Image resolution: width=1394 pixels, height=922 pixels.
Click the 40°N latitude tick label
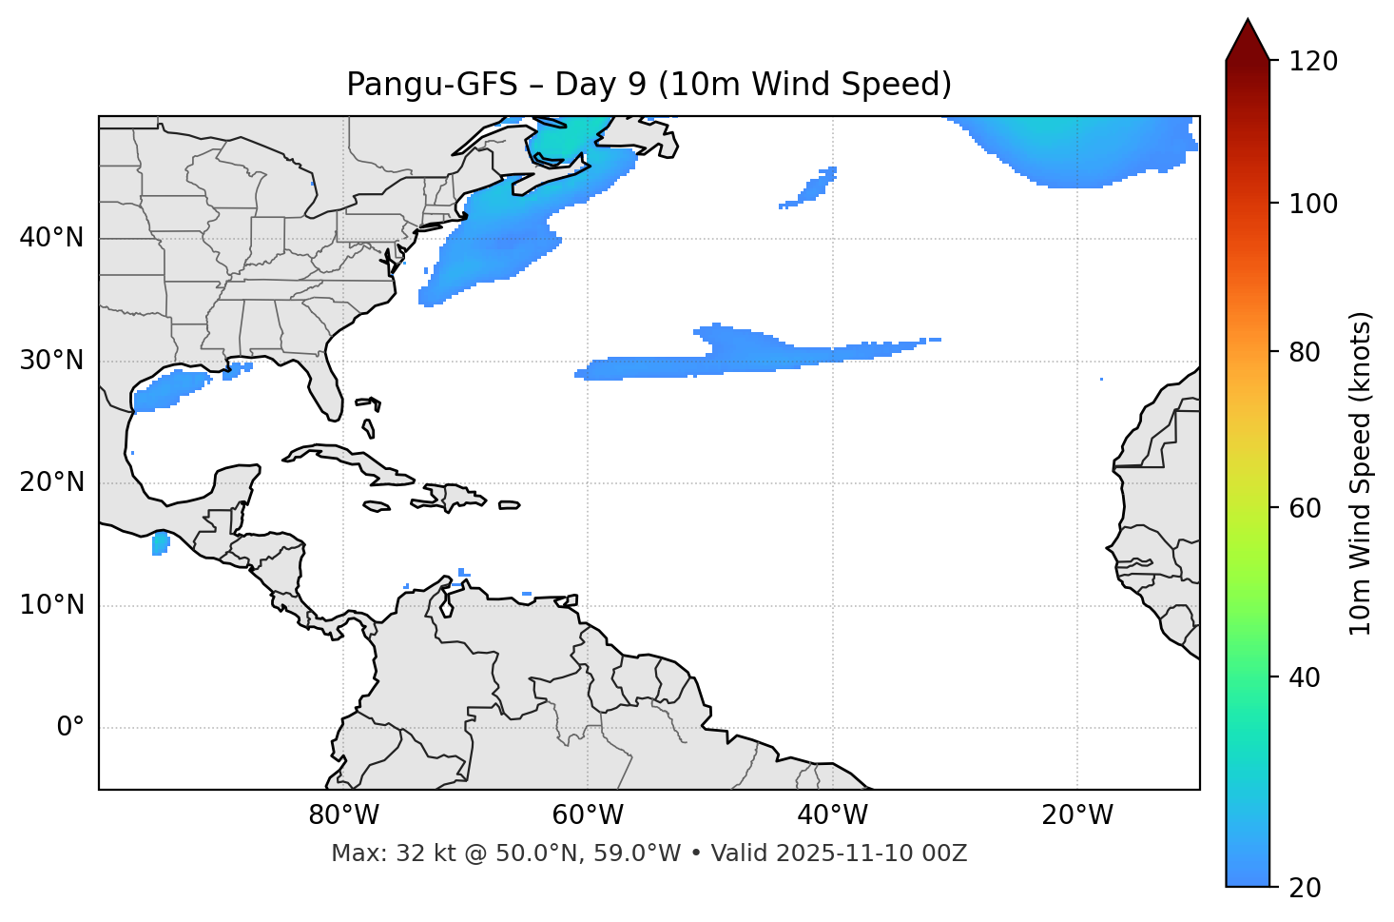pyautogui.click(x=51, y=238)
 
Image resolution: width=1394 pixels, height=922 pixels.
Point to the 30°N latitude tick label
pyautogui.click(x=51, y=361)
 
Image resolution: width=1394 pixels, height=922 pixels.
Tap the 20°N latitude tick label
pyautogui.click(x=51, y=482)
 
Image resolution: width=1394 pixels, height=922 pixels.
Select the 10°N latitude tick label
pyautogui.click(x=51, y=605)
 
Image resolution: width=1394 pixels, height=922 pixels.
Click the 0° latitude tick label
pyautogui.click(x=70, y=728)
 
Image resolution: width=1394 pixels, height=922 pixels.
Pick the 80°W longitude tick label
pyautogui.click(x=343, y=815)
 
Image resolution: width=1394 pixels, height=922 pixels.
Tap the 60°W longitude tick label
pyautogui.click(x=588, y=815)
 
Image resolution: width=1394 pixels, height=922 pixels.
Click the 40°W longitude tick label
pyautogui.click(x=832, y=815)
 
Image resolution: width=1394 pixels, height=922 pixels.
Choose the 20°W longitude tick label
pyautogui.click(x=1076, y=815)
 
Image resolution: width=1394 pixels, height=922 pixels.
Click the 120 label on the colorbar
pyautogui.click(x=1312, y=62)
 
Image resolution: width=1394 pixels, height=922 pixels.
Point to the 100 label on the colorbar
pyautogui.click(x=1312, y=204)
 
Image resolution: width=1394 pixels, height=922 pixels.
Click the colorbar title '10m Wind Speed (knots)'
pyautogui.click(x=1361, y=473)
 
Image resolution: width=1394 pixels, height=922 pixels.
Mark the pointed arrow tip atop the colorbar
pyautogui.click(x=1248, y=21)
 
